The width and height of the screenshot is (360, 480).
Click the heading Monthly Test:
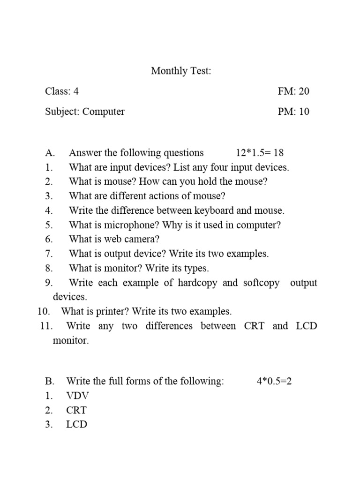(181, 71)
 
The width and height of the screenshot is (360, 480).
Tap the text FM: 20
(293, 91)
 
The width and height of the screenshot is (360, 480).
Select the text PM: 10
(293, 112)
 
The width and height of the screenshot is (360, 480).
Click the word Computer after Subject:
(104, 112)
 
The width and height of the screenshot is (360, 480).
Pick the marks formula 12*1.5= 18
(259, 153)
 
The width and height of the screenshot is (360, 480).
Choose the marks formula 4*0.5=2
(274, 382)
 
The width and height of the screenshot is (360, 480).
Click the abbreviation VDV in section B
(77, 396)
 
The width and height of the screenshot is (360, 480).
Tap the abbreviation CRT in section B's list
(76, 410)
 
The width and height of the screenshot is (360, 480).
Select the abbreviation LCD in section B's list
(77, 425)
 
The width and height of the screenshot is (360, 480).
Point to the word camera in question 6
(142, 240)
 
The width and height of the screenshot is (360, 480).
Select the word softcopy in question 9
(261, 283)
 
